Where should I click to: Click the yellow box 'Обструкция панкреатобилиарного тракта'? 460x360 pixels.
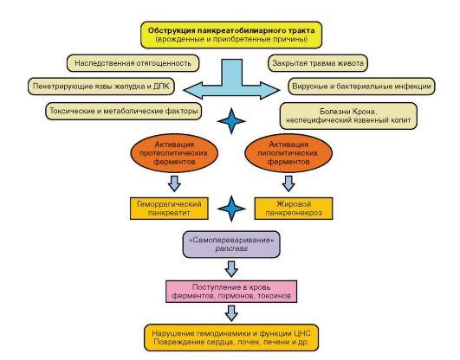click(231, 35)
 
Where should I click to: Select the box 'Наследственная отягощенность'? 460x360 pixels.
click(133, 63)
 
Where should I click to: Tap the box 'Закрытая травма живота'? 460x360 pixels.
click(318, 63)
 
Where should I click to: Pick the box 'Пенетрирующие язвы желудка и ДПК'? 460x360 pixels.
click(101, 87)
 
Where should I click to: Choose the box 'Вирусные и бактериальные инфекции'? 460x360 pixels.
click(361, 87)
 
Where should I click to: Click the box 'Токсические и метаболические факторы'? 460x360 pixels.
click(124, 111)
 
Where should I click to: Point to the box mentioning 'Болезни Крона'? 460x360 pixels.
click(348, 116)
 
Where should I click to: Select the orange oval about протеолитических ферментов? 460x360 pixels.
click(174, 153)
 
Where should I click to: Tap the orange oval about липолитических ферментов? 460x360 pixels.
click(288, 153)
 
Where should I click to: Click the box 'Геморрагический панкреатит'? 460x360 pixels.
click(169, 209)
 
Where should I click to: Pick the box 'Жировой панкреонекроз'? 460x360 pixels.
click(294, 209)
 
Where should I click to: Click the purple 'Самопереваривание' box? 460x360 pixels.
click(231, 245)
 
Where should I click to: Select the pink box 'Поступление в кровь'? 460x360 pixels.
click(231, 292)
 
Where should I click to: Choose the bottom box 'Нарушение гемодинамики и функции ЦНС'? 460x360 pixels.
click(231, 337)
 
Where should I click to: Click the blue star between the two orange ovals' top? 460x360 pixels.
click(231, 121)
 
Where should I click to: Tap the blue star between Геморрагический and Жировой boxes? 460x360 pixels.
click(231, 209)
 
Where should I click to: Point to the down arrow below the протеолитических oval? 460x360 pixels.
click(174, 183)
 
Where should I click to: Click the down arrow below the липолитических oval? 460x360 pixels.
click(288, 183)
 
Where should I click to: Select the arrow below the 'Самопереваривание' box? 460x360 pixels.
click(231, 269)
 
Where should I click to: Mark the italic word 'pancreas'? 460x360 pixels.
click(231, 248)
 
